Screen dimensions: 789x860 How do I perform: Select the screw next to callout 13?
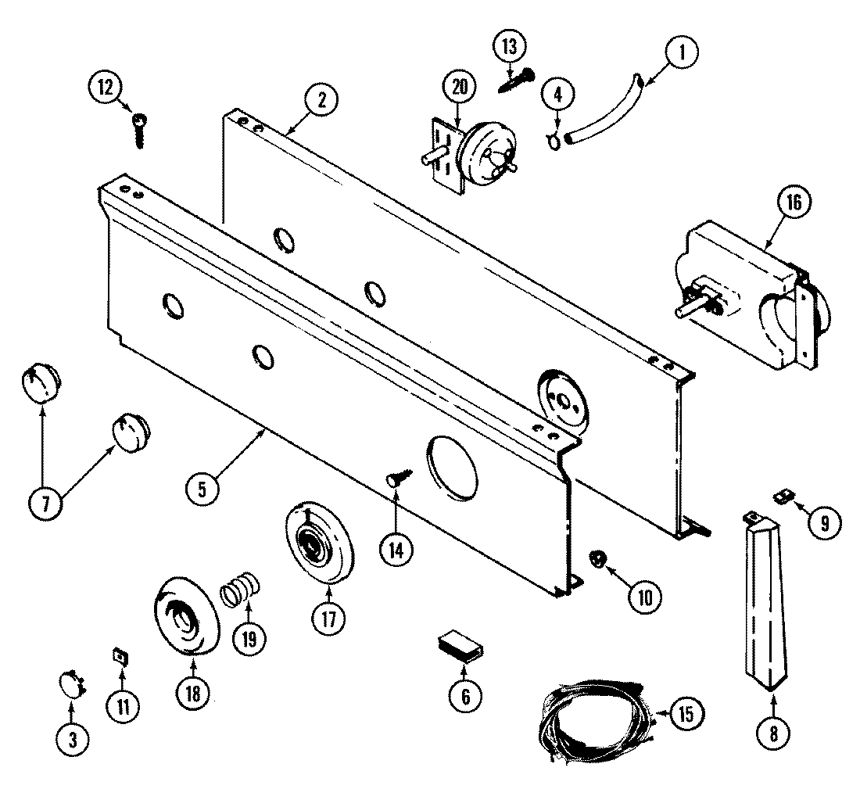point(515,81)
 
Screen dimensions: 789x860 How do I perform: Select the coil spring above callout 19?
point(240,588)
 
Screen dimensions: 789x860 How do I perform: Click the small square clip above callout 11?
point(121,656)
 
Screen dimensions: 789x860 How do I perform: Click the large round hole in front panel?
point(452,467)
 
